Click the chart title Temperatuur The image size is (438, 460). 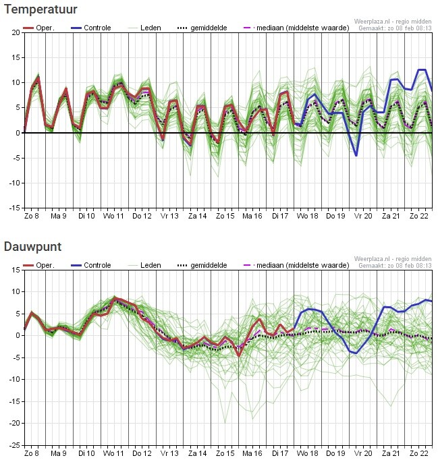40,9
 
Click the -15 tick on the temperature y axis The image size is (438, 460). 13,208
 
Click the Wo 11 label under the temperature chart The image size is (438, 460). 113,217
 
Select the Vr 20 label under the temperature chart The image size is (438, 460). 362,217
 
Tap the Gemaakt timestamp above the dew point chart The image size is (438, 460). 395,266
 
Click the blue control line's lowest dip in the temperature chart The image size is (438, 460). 356,155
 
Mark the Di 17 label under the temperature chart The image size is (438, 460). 279,217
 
